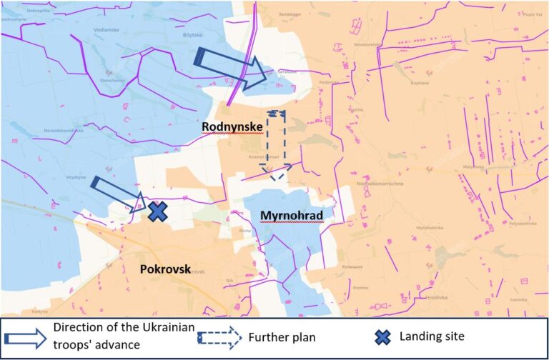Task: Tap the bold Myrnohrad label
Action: [292, 216]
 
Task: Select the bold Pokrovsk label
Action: [165, 269]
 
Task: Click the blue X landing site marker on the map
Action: [157, 211]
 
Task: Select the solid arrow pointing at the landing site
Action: [118, 195]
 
